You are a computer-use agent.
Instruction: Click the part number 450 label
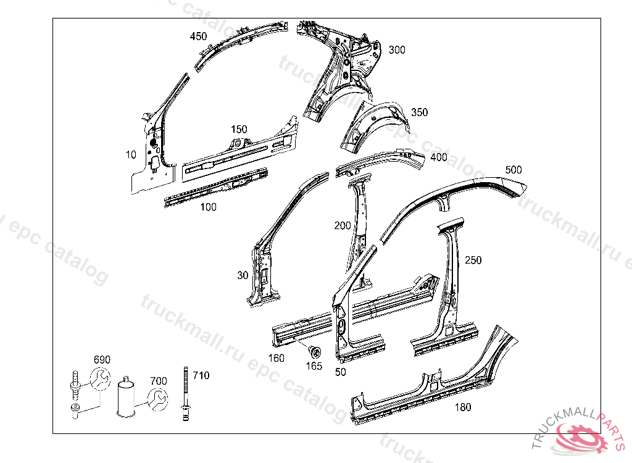pos(198,36)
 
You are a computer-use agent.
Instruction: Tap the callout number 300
pos(397,50)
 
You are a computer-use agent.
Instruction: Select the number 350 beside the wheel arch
pos(419,113)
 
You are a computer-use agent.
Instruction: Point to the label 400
pos(439,157)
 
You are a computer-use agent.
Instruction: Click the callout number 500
pos(513,169)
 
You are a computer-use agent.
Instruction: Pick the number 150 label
pos(239,130)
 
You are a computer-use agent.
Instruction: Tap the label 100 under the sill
pos(209,207)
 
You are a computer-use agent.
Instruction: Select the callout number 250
pos(473,261)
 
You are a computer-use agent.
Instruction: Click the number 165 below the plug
pos(314,366)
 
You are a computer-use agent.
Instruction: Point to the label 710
pos(201,375)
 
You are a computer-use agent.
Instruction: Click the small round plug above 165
pos(314,352)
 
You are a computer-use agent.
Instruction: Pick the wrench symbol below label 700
pos(157,399)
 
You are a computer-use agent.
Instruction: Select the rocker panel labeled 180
pos(432,386)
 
